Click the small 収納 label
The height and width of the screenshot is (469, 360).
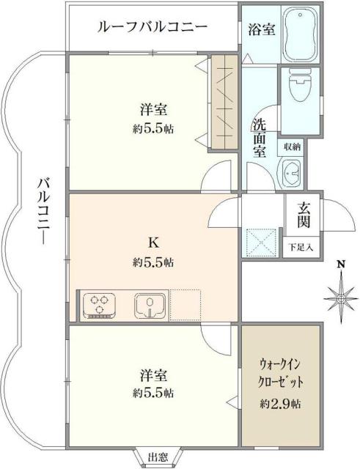click(293, 146)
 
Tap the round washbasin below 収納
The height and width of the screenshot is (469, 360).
click(292, 173)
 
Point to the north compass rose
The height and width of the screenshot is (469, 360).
click(339, 297)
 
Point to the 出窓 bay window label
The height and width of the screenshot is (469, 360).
click(155, 457)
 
